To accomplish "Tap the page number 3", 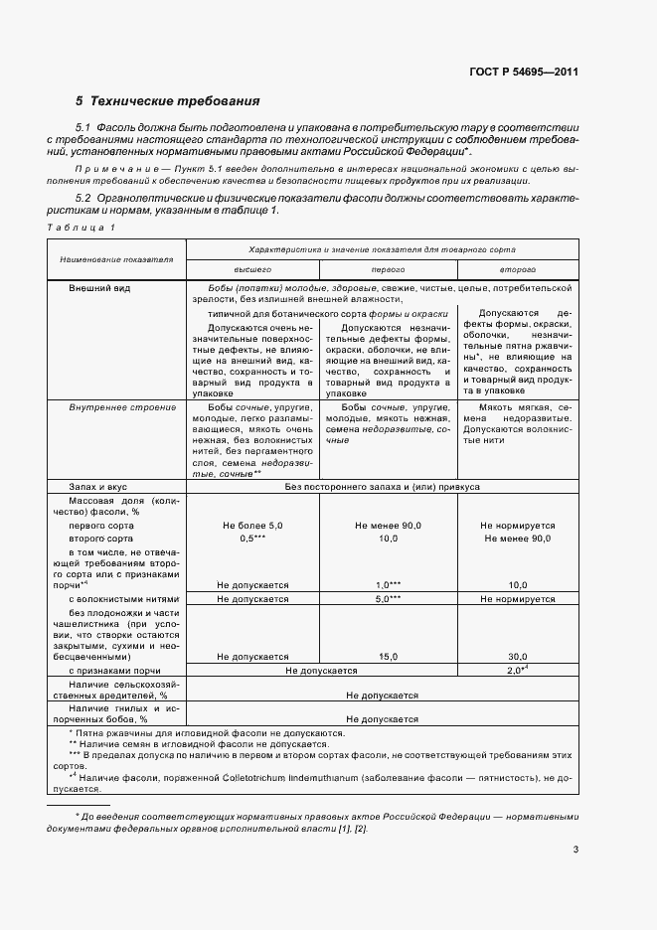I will (575, 849).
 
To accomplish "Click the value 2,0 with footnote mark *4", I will (516, 670).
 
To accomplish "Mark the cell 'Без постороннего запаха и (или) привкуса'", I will (383, 488).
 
